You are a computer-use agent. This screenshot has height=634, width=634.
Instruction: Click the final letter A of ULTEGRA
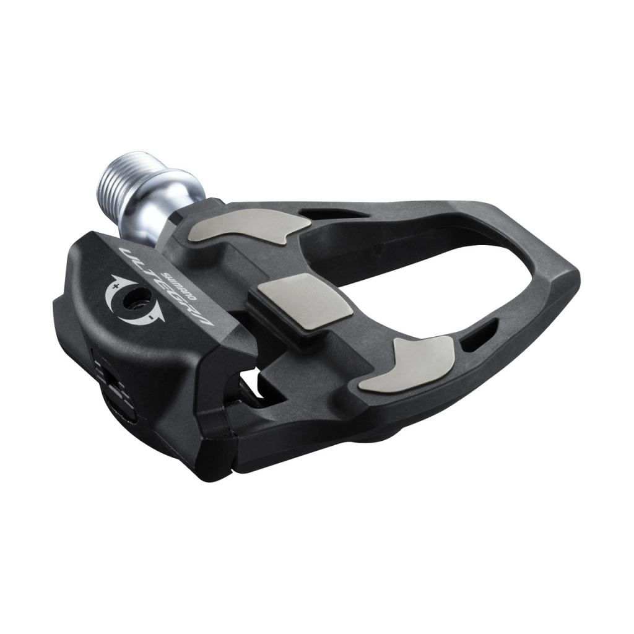pos(203,318)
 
